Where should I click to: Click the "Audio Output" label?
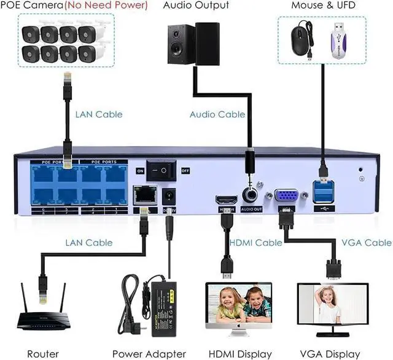click(x=196, y=6)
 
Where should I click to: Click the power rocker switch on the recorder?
click(x=164, y=170)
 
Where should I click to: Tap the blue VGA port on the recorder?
click(x=286, y=196)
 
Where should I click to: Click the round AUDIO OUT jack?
click(x=252, y=196)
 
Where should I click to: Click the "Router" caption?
click(x=43, y=354)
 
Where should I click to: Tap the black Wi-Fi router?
click(x=43, y=319)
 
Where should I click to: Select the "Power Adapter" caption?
click(x=149, y=354)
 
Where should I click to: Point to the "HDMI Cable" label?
click(x=255, y=243)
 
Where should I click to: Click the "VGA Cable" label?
click(x=366, y=243)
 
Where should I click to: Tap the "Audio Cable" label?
click(x=217, y=114)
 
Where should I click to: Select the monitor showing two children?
click(x=239, y=305)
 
